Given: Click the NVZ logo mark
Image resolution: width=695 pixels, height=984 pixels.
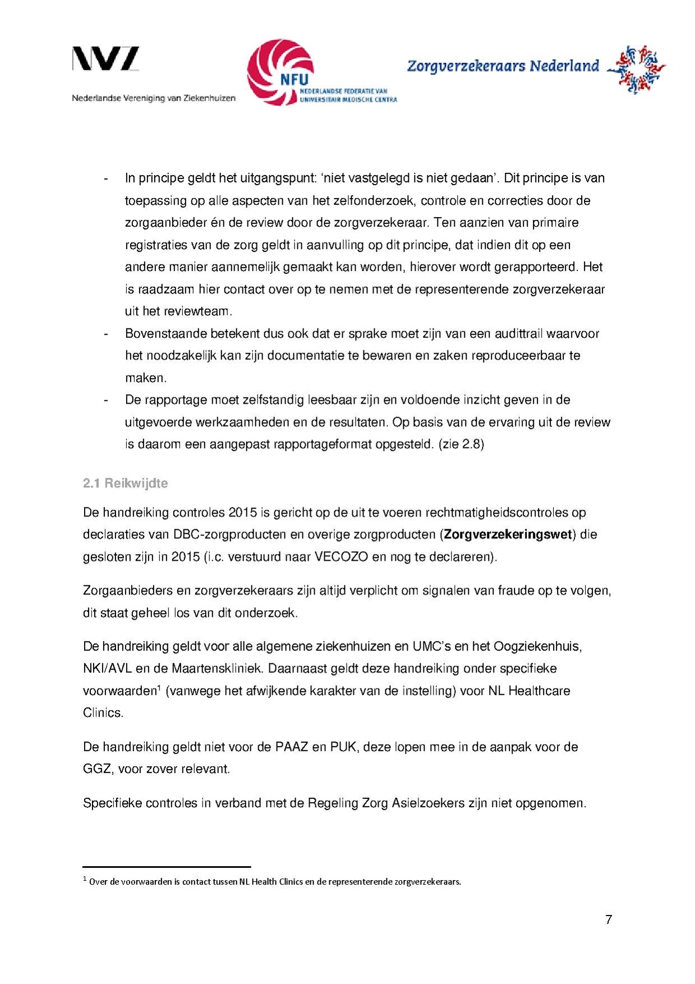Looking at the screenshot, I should pos(105,59).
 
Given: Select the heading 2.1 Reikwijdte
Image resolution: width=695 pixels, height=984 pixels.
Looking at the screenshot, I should pos(125,483).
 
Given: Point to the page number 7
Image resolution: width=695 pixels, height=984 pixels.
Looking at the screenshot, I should pos(609,919).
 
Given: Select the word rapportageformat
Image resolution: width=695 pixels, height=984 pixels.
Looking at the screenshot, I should pos(323,445).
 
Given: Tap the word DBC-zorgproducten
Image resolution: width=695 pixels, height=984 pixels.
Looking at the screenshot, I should pos(230,534).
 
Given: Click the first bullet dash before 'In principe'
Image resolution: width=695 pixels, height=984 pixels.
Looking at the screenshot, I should pos(105,179).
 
